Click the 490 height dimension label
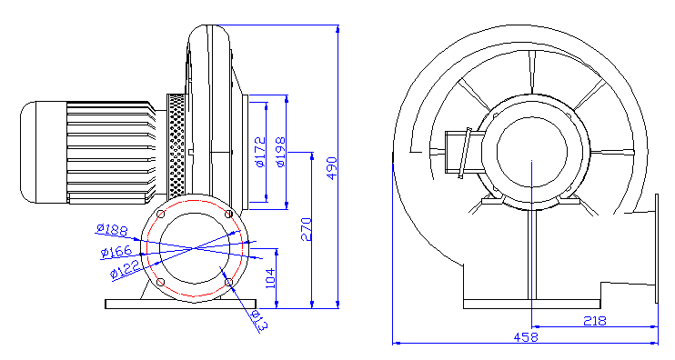[x=331, y=168]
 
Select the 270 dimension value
[x=306, y=229]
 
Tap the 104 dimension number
[x=270, y=278]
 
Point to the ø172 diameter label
[x=260, y=152]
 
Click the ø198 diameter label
[x=280, y=152]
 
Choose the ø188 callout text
[x=113, y=230]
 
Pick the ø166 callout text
[x=116, y=251]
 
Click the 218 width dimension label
[x=595, y=320]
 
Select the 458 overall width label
[x=526, y=337]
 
